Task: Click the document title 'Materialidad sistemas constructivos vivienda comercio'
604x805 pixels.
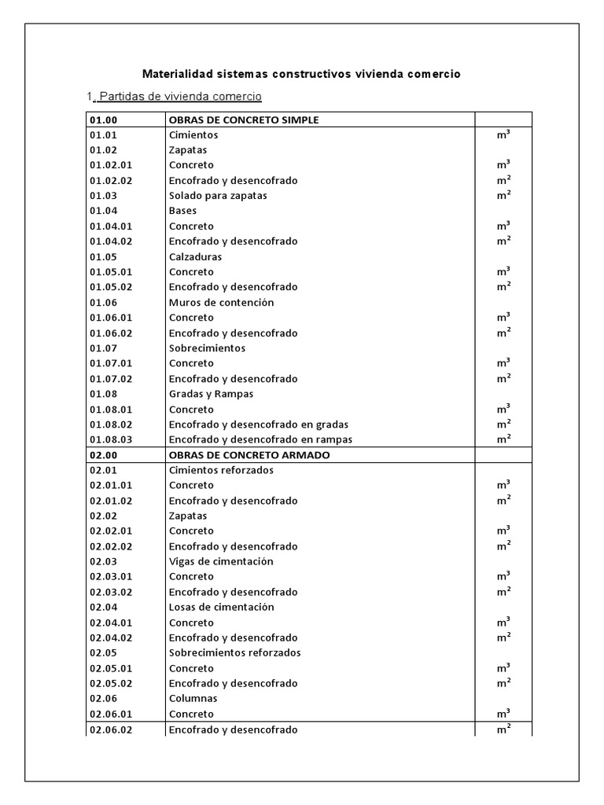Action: tap(301, 74)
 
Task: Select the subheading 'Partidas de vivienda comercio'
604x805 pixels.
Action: tap(177, 97)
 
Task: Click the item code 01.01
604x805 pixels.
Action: tap(103, 135)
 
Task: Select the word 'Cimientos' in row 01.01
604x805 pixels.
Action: tap(193, 135)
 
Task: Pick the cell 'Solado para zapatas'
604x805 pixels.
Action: tap(218, 196)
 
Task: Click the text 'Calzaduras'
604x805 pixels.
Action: tap(195, 257)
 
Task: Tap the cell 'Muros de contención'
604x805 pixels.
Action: tap(221, 303)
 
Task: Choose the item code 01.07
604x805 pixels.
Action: tap(103, 348)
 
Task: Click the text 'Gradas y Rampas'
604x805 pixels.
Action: tap(211, 394)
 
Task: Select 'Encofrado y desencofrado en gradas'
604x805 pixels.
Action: tap(258, 425)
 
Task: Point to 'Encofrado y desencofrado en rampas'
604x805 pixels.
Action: tap(260, 439)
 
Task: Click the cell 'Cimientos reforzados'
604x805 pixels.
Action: tap(221, 470)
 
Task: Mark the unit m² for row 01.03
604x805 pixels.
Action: tap(503, 195)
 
